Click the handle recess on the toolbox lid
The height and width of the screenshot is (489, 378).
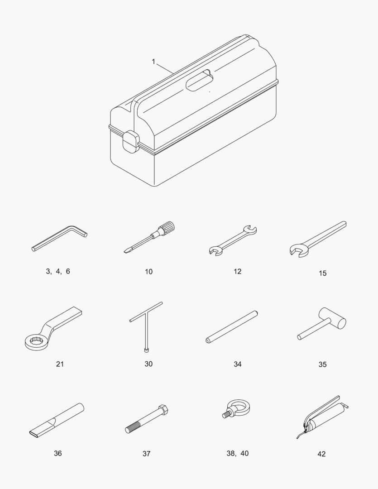pos(200,81)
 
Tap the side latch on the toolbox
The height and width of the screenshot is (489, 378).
pos(131,142)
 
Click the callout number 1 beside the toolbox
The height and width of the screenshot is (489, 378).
pos(153,62)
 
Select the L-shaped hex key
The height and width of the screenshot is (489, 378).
pos(60,238)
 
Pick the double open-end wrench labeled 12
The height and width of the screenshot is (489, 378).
pos(233,240)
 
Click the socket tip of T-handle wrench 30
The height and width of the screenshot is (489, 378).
pos(146,350)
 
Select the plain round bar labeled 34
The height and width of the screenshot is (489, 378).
pos(232,327)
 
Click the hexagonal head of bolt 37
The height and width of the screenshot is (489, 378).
pos(163,410)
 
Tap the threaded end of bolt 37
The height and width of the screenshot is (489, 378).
pos(133,427)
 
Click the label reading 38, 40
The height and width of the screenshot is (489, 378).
pos(238,453)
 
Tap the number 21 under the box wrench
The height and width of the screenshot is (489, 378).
pos(60,364)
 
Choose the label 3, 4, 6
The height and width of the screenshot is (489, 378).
pos(58,271)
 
